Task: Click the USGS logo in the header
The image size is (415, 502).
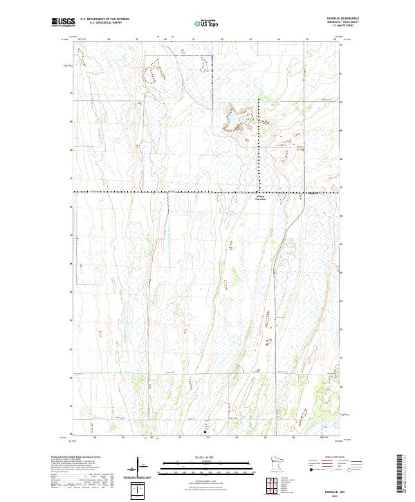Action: click(x=63, y=22)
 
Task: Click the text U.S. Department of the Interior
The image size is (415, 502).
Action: click(x=104, y=19)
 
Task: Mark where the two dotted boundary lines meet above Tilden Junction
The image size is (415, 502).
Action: click(x=259, y=191)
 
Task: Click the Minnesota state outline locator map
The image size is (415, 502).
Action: click(x=276, y=463)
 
